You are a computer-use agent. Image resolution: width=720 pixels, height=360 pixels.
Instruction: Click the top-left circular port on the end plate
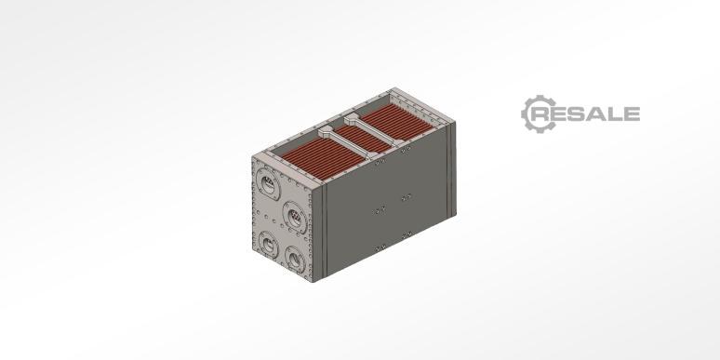click(x=268, y=184)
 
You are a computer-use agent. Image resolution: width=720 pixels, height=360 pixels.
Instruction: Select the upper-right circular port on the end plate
click(x=294, y=215)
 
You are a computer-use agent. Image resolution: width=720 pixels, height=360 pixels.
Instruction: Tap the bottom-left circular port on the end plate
click(x=267, y=244)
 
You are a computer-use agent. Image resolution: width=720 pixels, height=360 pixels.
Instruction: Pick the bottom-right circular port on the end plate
click(x=295, y=260)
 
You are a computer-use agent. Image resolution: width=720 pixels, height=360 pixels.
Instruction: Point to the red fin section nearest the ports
click(x=322, y=157)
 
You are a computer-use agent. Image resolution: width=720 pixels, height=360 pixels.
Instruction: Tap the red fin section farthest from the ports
click(x=396, y=120)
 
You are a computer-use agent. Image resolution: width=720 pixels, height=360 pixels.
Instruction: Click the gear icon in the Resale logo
click(x=539, y=114)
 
